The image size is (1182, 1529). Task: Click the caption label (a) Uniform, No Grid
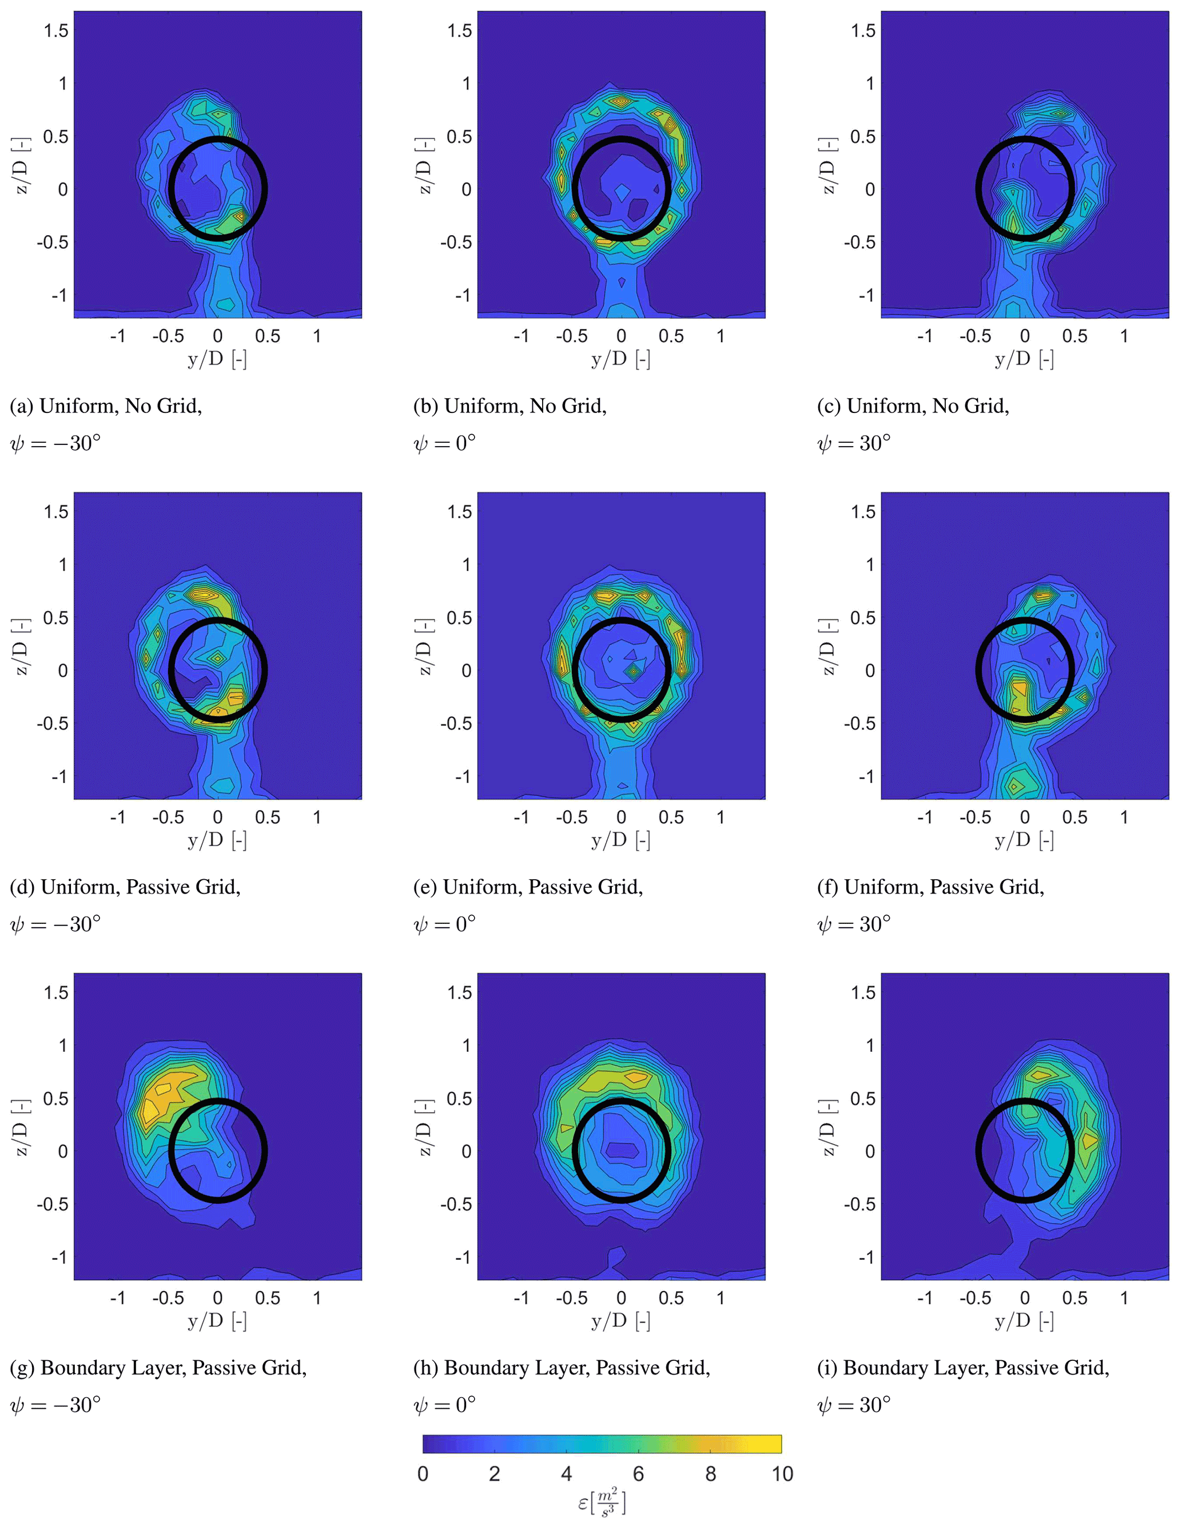pyautogui.click(x=106, y=406)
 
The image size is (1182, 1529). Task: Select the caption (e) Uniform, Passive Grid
pyautogui.click(x=528, y=887)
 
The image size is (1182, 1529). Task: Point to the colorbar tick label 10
pyautogui.click(x=782, y=1474)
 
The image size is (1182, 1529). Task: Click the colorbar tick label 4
pyautogui.click(x=566, y=1474)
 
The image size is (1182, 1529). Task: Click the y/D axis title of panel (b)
pyautogui.click(x=621, y=359)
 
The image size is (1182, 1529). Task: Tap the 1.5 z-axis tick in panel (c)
pyautogui.click(x=863, y=30)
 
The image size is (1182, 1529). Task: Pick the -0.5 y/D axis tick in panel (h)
pyautogui.click(x=571, y=1298)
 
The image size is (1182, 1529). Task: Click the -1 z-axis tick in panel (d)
pyautogui.click(x=59, y=776)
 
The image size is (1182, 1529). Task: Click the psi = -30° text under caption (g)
pyautogui.click(x=55, y=1405)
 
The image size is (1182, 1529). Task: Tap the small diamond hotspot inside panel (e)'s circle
pyautogui.click(x=634, y=672)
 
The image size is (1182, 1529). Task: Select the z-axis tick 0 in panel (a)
pyautogui.click(x=62, y=189)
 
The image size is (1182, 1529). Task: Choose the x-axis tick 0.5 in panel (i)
pyautogui.click(x=1074, y=1298)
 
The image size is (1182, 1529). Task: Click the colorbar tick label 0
pyautogui.click(x=423, y=1474)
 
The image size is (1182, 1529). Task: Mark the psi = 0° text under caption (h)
pyautogui.click(x=444, y=1405)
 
